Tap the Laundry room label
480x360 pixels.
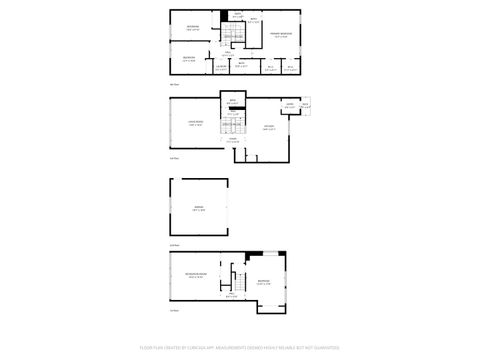tap(220, 67)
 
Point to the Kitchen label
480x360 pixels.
tap(268, 127)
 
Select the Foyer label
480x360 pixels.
tap(232, 140)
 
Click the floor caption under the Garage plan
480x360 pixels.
tap(174, 245)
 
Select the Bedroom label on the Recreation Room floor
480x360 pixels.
tap(263, 282)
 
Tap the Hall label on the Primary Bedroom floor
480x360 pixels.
tap(229, 53)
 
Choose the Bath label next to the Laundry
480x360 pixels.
tap(242, 65)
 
